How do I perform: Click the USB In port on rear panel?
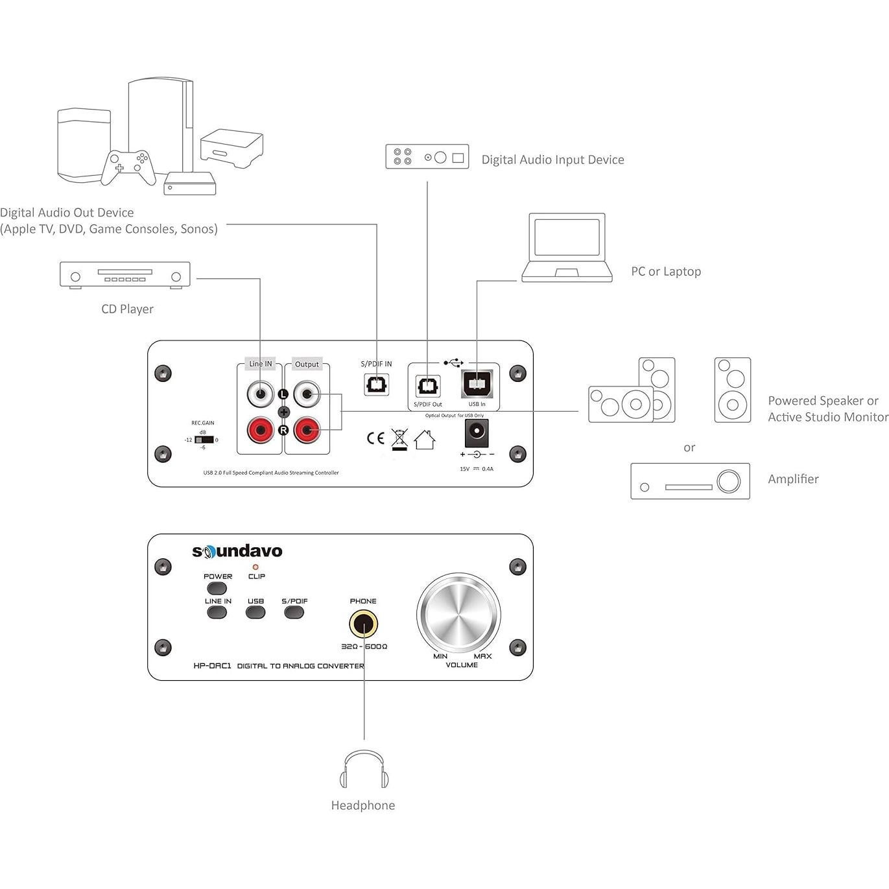[477, 385]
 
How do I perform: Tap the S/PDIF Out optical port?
[427, 386]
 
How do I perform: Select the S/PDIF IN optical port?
[376, 385]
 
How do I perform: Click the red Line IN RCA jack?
[260, 430]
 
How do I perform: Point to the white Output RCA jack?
[306, 394]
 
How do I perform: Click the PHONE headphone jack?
[363, 625]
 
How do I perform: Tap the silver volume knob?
[458, 615]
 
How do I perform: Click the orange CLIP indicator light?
[255, 567]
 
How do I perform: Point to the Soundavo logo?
[237, 551]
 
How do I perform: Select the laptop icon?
[567, 248]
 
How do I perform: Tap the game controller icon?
[128, 166]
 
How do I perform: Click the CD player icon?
[125, 275]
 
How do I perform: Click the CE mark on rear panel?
[375, 438]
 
